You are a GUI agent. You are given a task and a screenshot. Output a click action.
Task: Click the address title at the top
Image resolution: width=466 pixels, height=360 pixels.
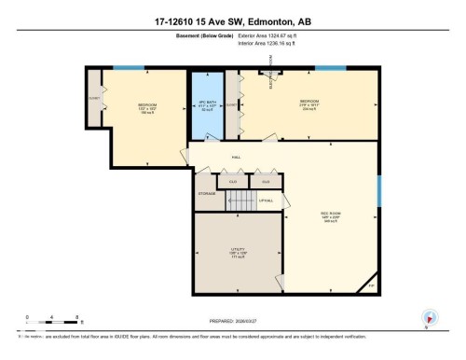click(x=233, y=21)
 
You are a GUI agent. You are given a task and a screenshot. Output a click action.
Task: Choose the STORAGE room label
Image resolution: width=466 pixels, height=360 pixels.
click(x=206, y=194)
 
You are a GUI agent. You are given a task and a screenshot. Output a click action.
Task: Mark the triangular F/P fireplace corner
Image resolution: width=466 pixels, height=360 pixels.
click(x=370, y=283)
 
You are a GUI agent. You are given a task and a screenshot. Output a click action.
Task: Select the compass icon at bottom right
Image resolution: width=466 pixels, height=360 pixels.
click(x=431, y=317)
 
